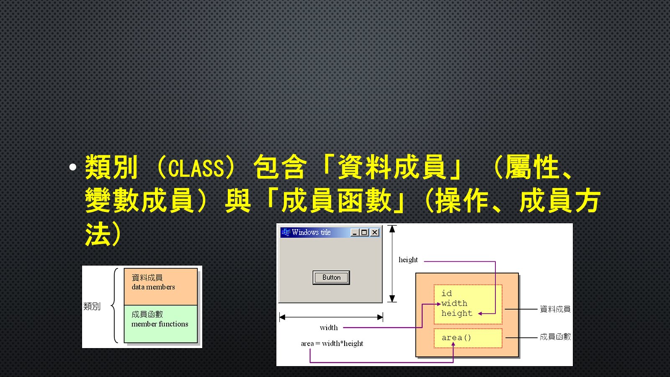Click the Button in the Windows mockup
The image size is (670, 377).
click(x=331, y=277)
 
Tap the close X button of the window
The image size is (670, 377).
click(x=374, y=232)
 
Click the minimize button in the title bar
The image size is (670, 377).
click(x=355, y=232)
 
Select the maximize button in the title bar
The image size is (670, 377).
click(x=364, y=232)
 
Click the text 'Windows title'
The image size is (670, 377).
click(x=311, y=232)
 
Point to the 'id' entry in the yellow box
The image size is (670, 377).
click(x=446, y=293)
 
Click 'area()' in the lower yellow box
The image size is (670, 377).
click(x=456, y=338)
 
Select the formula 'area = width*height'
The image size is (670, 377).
click(x=332, y=343)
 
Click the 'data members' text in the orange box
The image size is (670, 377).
click(x=153, y=287)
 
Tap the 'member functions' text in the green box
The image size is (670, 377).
click(x=160, y=324)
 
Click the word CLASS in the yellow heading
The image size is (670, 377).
click(x=196, y=168)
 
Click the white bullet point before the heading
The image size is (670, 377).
click(x=73, y=167)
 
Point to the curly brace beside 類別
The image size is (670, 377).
click(x=114, y=305)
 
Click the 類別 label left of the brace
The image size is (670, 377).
click(x=92, y=306)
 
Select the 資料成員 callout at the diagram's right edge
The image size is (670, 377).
click(x=555, y=309)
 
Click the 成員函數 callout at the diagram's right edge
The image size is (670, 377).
click(x=555, y=337)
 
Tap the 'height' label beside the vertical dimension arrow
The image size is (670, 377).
click(x=408, y=260)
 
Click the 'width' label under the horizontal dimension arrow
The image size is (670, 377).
click(x=329, y=328)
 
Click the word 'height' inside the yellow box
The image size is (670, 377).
click(x=457, y=313)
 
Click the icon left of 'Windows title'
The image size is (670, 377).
click(x=286, y=232)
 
